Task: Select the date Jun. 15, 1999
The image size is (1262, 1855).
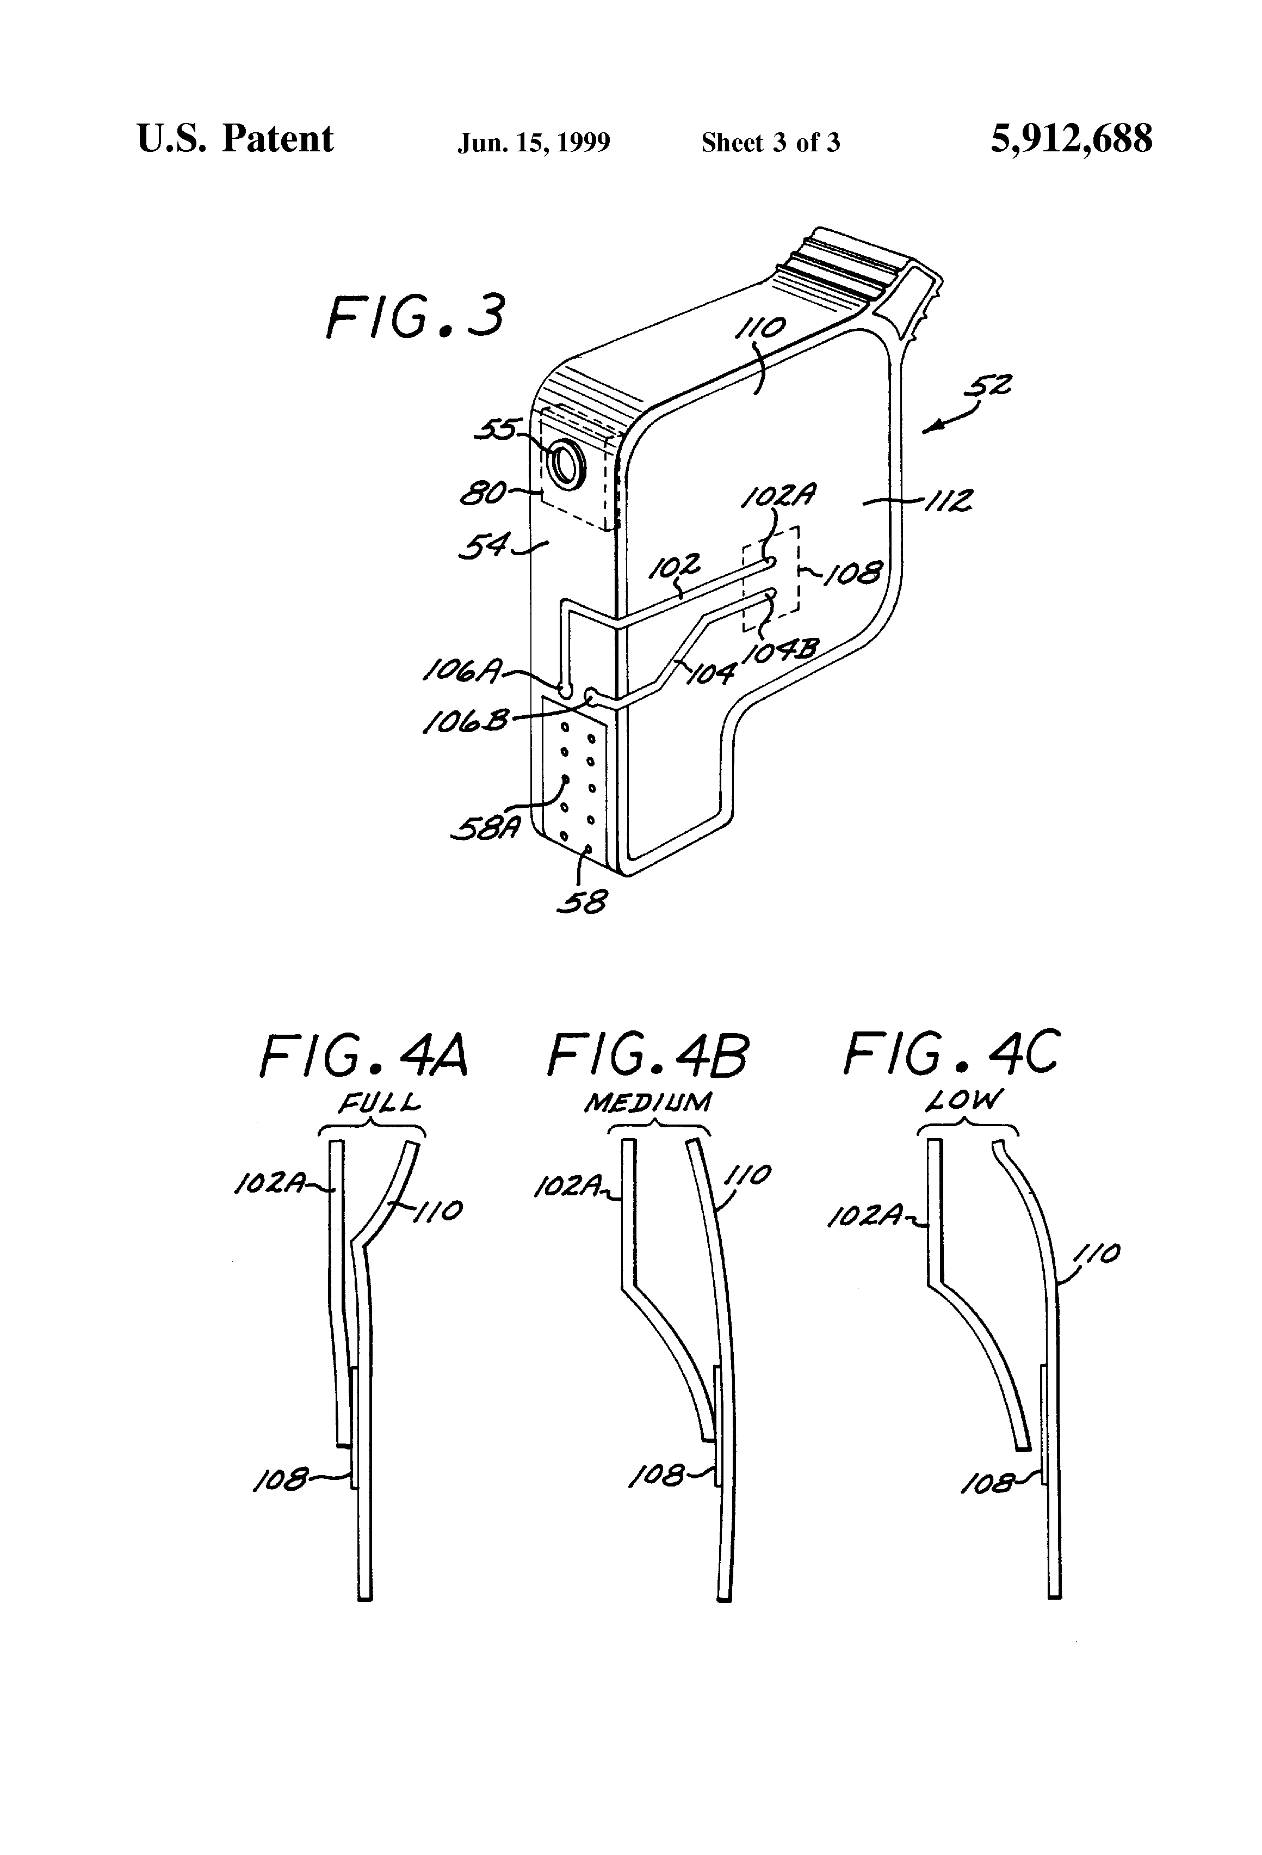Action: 534,143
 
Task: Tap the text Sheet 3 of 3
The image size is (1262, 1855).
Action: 771,143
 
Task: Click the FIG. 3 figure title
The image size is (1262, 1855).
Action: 416,316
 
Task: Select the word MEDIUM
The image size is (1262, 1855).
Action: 648,1103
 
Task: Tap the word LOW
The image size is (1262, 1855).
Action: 964,1102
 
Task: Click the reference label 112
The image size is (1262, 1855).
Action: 947,501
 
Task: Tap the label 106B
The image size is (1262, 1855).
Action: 465,722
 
